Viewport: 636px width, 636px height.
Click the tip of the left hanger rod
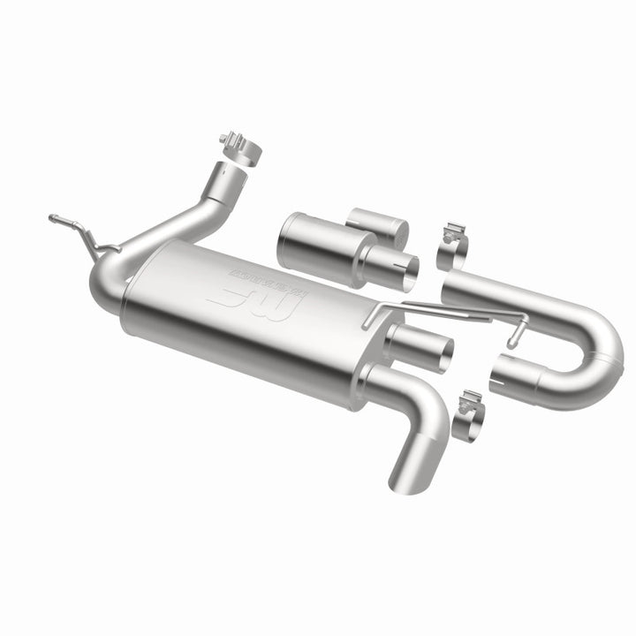click(53, 216)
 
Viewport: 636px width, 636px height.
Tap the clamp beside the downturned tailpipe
click(469, 415)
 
